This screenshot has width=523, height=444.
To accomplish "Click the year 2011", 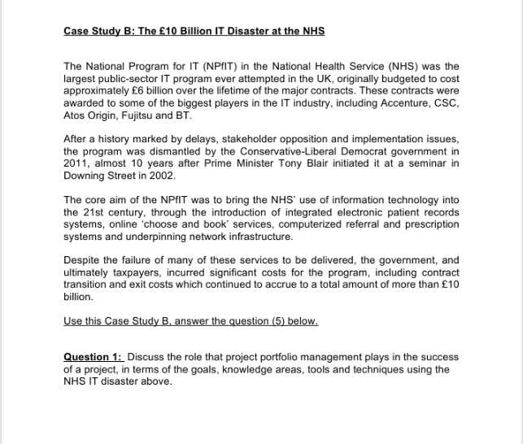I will point(76,163).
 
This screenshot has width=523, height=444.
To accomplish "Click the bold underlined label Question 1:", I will point(93,357).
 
